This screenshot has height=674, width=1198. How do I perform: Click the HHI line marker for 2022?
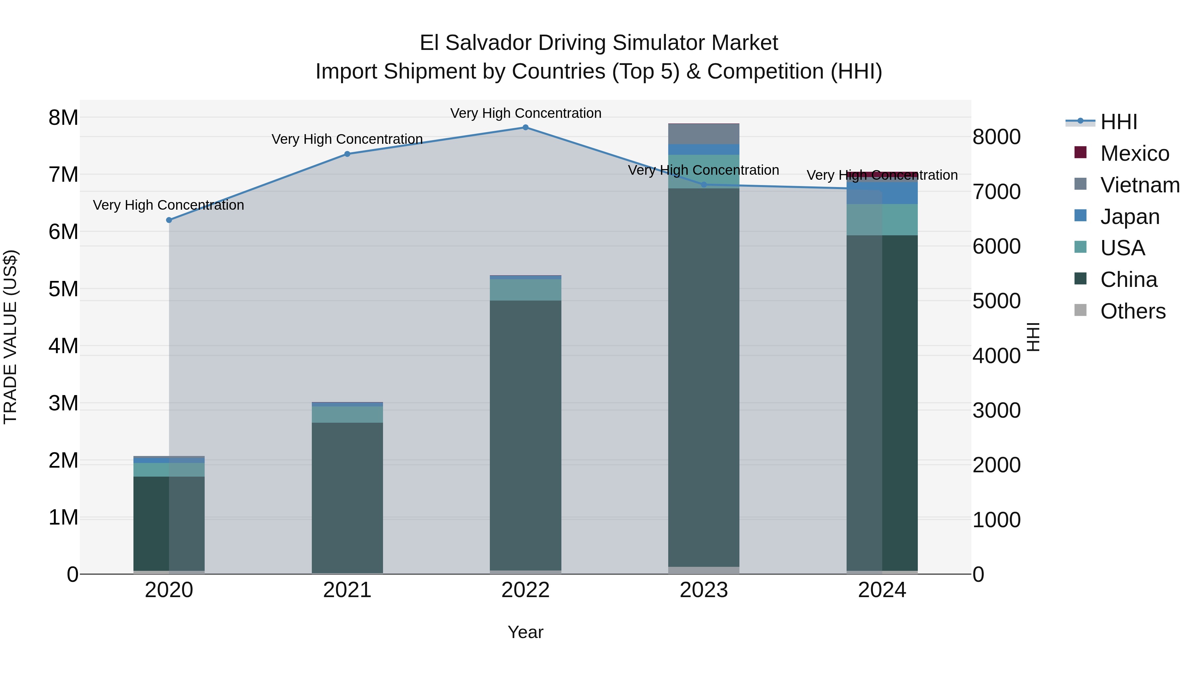pos(525,127)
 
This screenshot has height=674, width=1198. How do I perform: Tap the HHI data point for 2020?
pos(169,220)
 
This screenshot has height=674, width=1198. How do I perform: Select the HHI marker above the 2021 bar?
pos(347,154)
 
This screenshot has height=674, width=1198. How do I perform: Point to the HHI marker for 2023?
pos(703,185)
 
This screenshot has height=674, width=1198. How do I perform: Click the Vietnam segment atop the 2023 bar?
pos(703,134)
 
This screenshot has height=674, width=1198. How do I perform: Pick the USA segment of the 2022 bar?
pos(525,290)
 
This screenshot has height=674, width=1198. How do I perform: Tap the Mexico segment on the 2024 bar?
pos(882,174)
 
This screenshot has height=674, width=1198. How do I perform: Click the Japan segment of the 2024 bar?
pos(900,193)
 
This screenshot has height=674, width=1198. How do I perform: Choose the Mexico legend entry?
pos(1134,153)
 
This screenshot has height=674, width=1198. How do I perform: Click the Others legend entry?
pos(1132,311)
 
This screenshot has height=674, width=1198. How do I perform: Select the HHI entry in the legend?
pos(1118,122)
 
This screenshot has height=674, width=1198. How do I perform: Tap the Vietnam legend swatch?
pos(1080,184)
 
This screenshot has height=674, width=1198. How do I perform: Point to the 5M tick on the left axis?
pos(63,289)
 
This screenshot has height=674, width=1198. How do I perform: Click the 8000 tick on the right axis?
pos(996,137)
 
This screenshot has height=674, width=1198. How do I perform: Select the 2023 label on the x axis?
pos(703,590)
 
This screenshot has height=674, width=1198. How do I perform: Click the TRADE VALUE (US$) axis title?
pos(10,337)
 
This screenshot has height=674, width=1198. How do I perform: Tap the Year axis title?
pos(525,632)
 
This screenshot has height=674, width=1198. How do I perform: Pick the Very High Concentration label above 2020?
pos(168,205)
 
